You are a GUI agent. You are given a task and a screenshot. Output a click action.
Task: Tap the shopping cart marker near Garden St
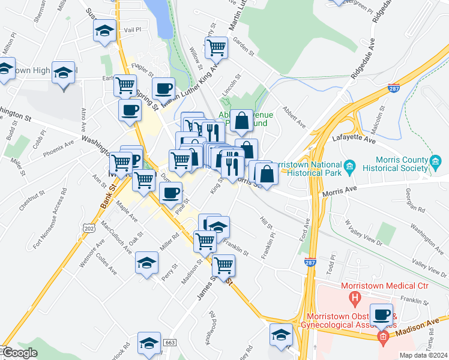(x=216, y=47)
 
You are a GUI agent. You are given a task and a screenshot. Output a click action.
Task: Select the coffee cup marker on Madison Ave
(x=381, y=314)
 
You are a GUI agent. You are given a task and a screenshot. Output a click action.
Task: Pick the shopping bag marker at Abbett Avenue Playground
(x=241, y=120)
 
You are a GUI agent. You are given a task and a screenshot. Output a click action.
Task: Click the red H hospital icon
(x=355, y=296)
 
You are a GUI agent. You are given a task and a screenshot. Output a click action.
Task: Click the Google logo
(x=20, y=353)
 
